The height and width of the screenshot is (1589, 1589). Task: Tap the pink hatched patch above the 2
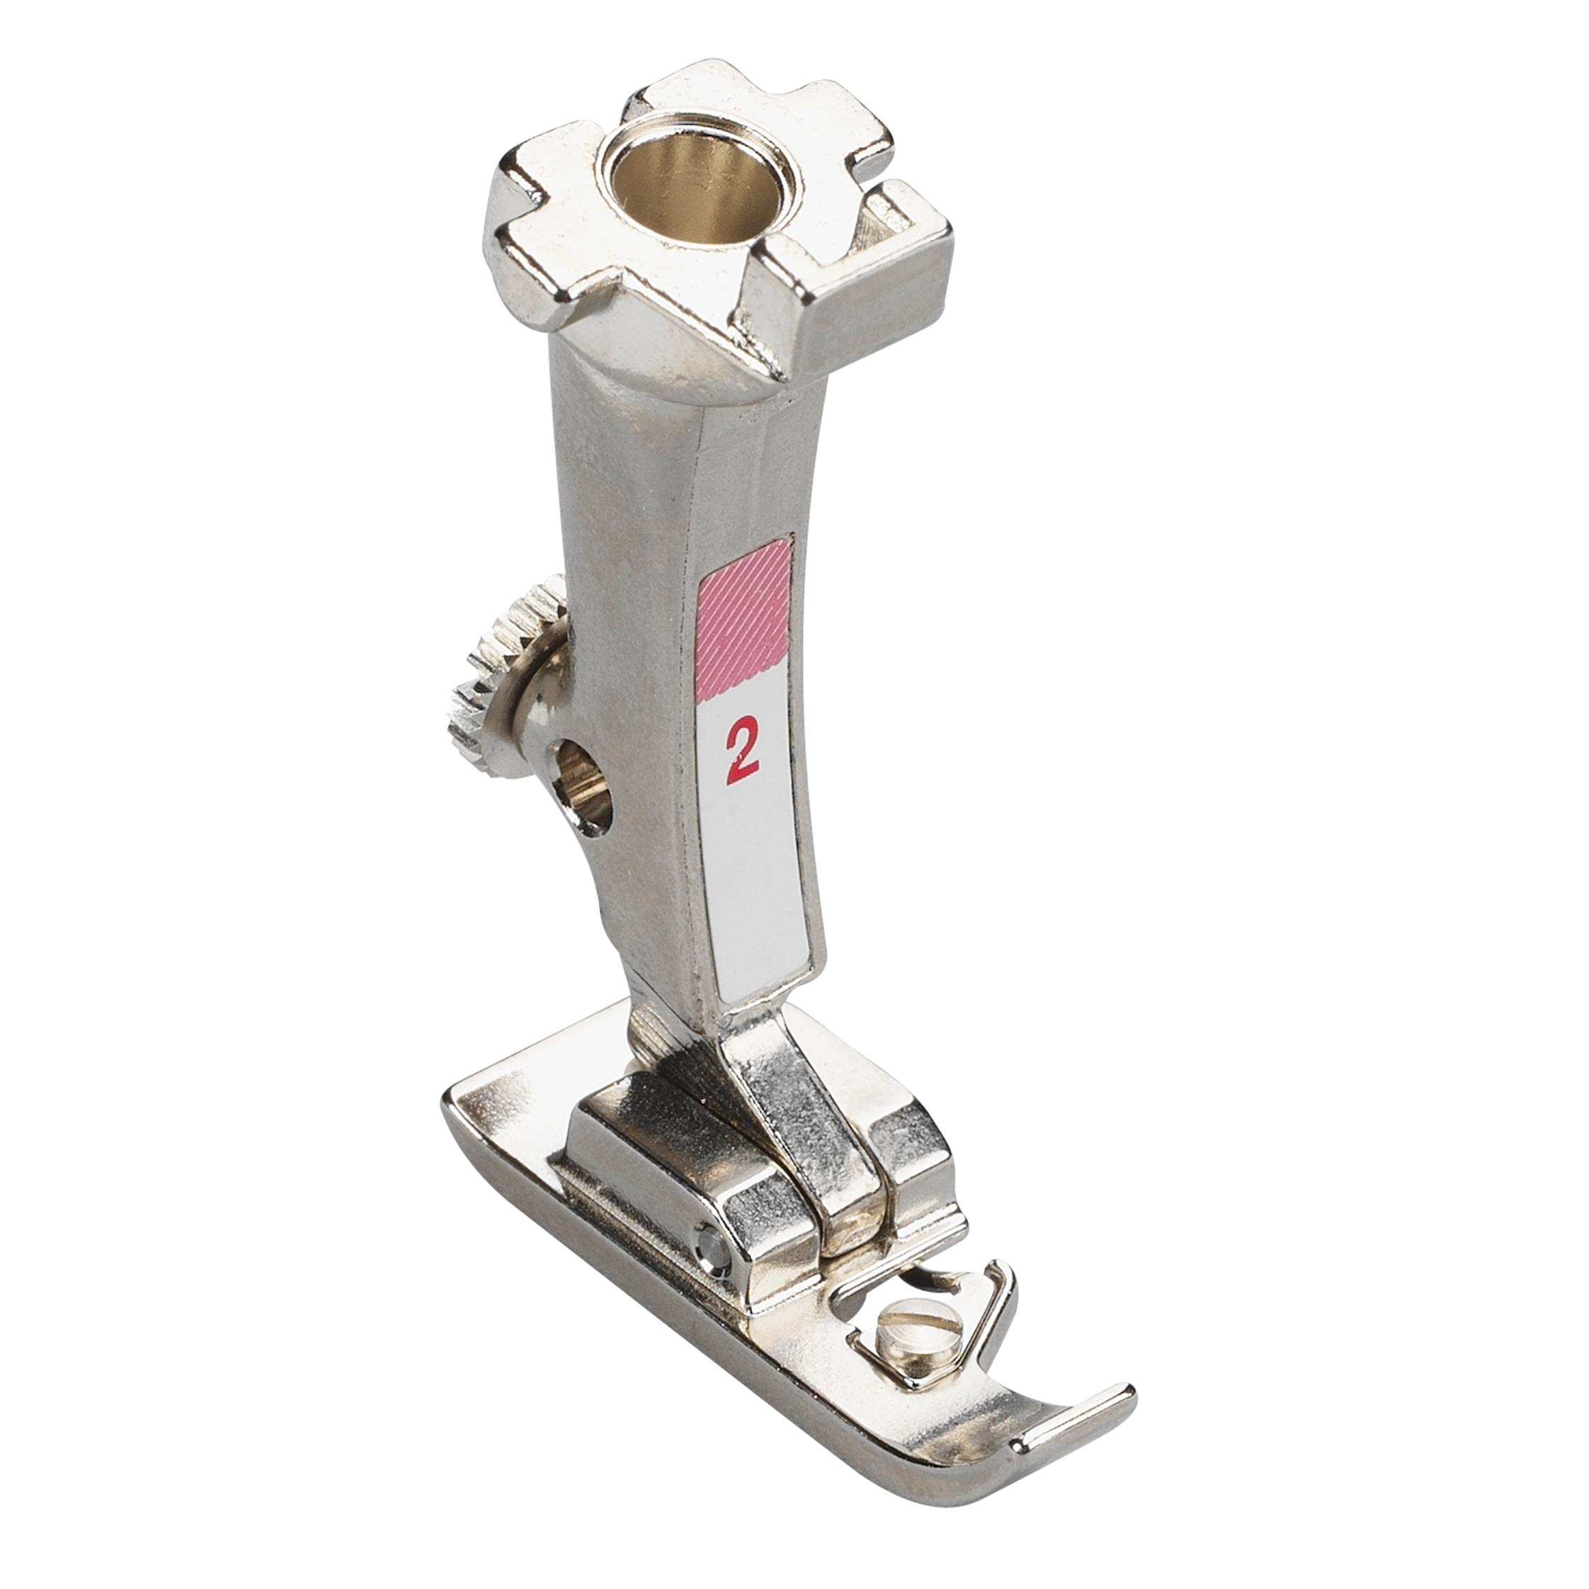(x=744, y=604)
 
